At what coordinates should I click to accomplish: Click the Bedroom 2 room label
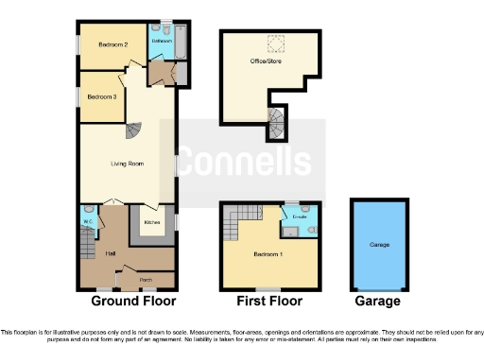[112, 44]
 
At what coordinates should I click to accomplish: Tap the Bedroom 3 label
[102, 96]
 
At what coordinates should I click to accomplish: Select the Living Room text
[128, 164]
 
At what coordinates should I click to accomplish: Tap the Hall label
[111, 254]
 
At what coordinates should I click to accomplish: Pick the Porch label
[147, 280]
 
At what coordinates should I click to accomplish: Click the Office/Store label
[266, 61]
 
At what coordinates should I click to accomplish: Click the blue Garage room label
[379, 245]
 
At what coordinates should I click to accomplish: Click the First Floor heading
[269, 302]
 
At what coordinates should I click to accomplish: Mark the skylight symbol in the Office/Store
[276, 43]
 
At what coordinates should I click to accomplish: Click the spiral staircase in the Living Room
[136, 132]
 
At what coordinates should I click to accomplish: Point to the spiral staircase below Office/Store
[275, 120]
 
